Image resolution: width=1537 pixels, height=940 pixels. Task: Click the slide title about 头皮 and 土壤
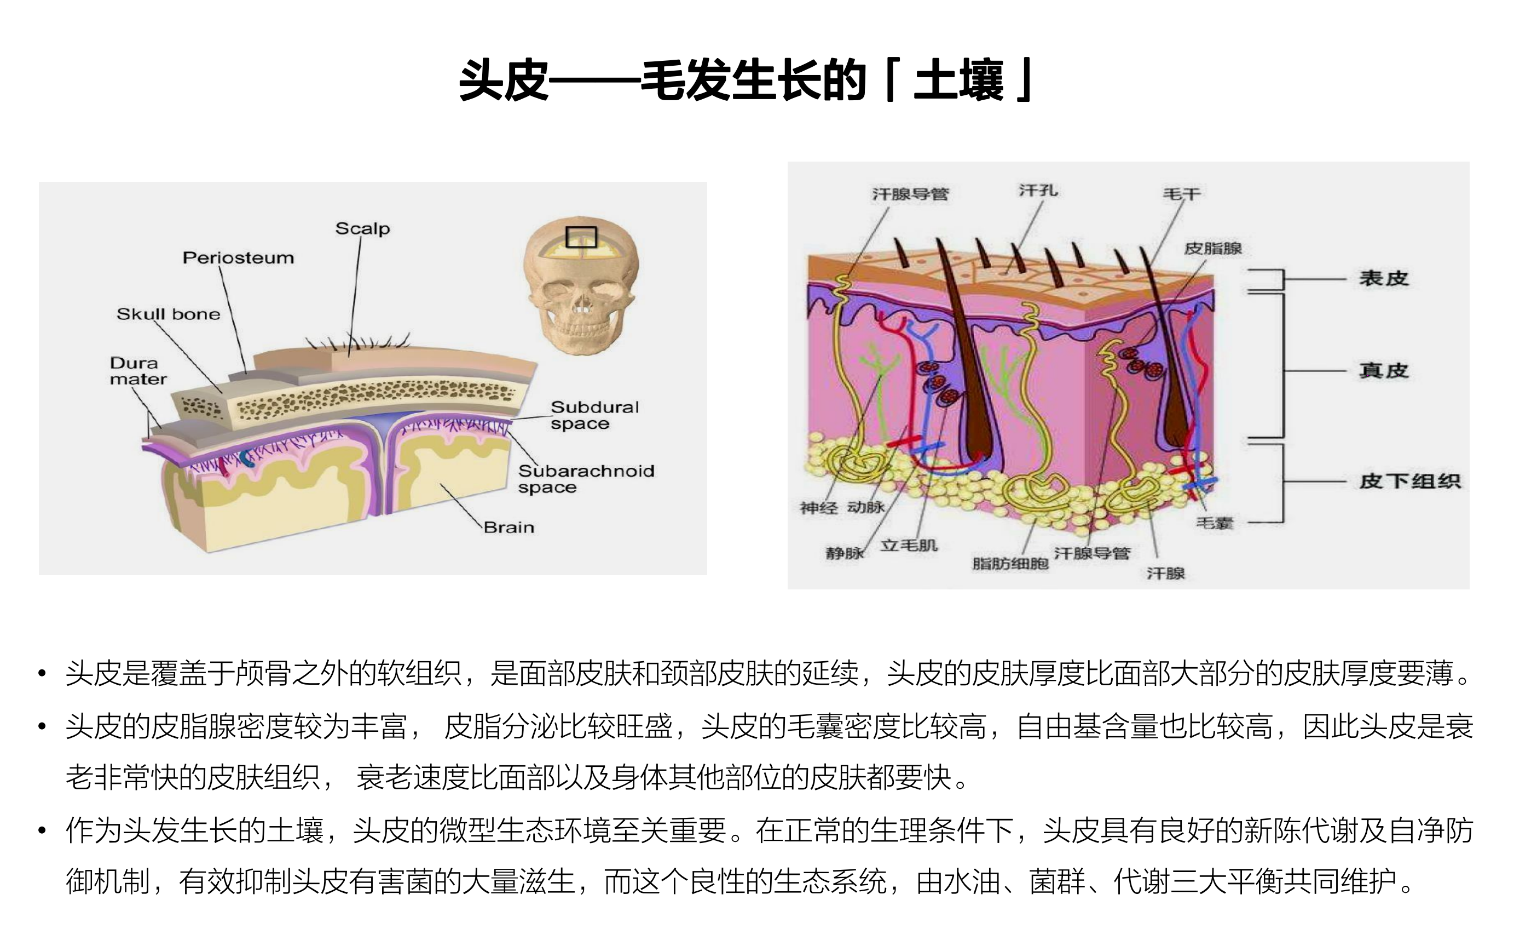[x=747, y=81]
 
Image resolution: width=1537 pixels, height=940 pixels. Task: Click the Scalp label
[x=362, y=228]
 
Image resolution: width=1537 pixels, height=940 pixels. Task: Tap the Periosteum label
[x=238, y=258]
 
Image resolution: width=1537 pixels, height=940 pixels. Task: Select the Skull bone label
[x=169, y=314]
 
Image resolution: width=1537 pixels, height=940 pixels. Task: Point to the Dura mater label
[x=138, y=371]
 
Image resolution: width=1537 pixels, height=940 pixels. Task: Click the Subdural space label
[x=594, y=415]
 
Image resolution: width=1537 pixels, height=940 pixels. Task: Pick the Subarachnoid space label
[x=586, y=479]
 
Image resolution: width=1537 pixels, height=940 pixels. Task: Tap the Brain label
[x=509, y=528]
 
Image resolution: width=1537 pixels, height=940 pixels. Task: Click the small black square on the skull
[x=581, y=237]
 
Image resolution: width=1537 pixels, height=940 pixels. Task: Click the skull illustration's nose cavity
[x=581, y=305]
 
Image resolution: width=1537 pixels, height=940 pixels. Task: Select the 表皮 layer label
[x=1384, y=278]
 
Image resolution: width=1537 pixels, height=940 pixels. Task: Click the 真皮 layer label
[x=1384, y=371]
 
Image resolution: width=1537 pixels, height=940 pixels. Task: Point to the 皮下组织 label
[x=1410, y=482]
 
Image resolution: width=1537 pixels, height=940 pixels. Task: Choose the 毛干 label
[x=1181, y=194]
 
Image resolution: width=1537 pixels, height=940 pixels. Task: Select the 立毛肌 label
[x=909, y=546]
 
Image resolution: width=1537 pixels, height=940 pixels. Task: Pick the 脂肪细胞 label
[x=1010, y=564]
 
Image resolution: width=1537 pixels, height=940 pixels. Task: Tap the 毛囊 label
[x=1215, y=523]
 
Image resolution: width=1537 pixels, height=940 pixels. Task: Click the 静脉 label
[x=845, y=553]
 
